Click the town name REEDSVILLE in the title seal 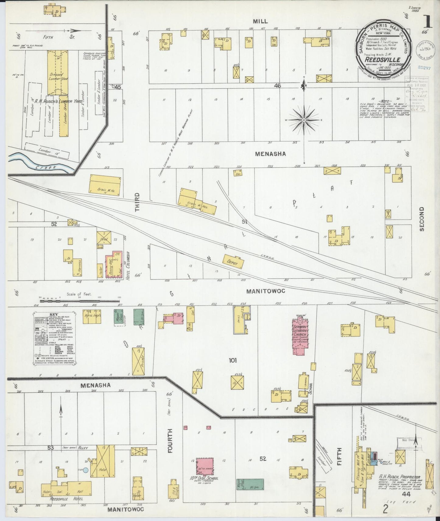pyautogui.click(x=382, y=60)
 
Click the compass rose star pyautogui.click(x=304, y=120)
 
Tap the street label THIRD pyautogui.click(x=137, y=202)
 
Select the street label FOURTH pyautogui.click(x=170, y=441)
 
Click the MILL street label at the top pyautogui.click(x=260, y=21)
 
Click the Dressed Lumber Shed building pyautogui.click(x=58, y=72)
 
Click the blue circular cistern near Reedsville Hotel pyautogui.click(x=86, y=470)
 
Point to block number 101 pyautogui.click(x=233, y=361)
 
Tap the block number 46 pyautogui.click(x=277, y=86)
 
